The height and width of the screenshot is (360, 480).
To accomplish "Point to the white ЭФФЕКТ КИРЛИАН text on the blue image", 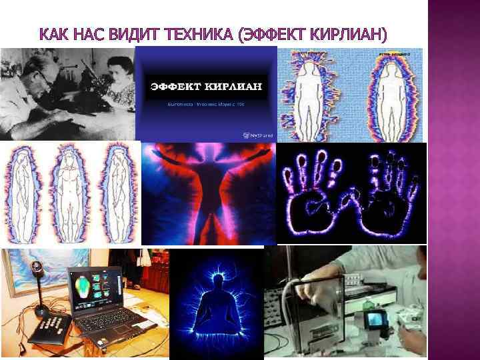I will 205,87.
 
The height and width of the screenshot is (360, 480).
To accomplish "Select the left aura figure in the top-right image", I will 313,93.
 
